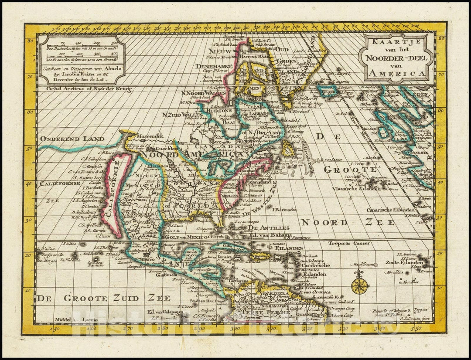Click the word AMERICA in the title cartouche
396,74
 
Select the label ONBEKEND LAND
72,139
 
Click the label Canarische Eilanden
390,210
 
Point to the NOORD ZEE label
348,222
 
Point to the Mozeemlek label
152,136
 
